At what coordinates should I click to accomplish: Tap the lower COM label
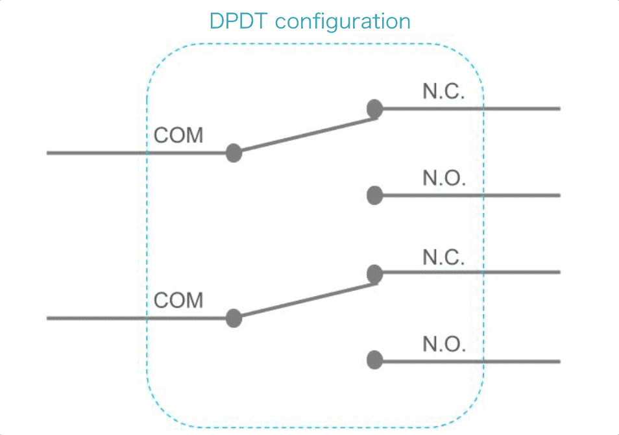click(178, 301)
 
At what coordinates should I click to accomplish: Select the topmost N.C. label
click(444, 92)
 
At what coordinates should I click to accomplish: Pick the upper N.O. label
click(444, 179)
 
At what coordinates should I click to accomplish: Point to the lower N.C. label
click(444, 258)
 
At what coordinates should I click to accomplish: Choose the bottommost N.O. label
click(444, 345)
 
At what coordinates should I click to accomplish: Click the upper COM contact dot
click(234, 153)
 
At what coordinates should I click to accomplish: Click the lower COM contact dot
click(234, 318)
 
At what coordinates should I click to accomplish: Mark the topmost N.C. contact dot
click(374, 108)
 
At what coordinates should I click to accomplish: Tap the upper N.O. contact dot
click(374, 195)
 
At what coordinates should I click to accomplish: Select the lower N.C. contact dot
click(374, 274)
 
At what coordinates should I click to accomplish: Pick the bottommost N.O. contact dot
click(374, 360)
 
